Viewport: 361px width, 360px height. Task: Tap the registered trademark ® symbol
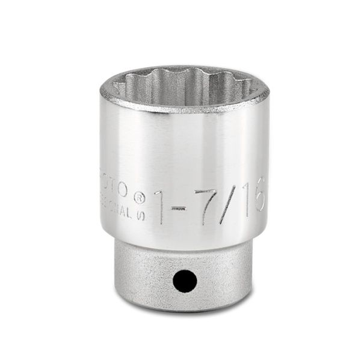click(x=138, y=195)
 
